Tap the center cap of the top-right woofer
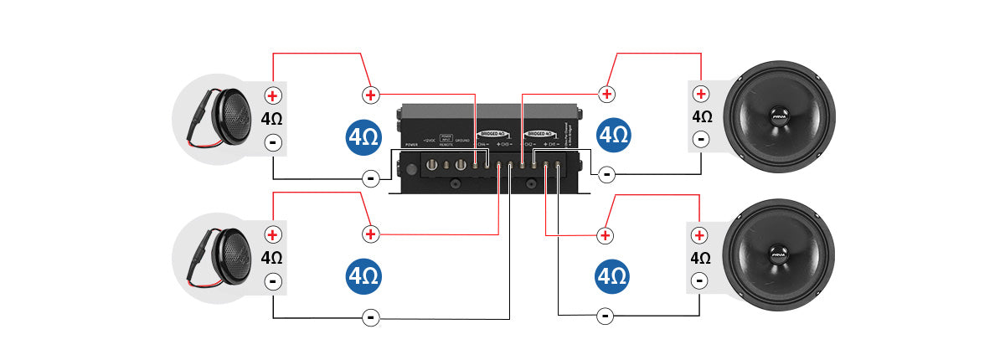[779, 116]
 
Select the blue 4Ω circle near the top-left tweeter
[363, 136]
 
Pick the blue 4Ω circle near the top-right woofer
[614, 136]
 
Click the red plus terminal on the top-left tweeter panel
[273, 95]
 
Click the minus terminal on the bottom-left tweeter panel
[273, 282]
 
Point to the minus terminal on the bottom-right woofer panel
[701, 281]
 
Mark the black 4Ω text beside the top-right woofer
[701, 117]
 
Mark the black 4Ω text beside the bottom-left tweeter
[272, 258]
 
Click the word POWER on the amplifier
[410, 144]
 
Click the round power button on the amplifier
[410, 168]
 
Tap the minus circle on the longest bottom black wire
[370, 317]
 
